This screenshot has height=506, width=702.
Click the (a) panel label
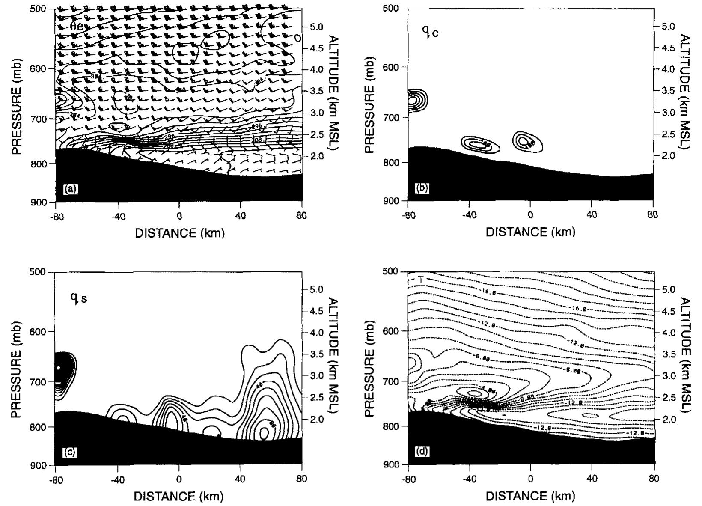(70, 188)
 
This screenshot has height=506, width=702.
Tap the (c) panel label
(70, 452)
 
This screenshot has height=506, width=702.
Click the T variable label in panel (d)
(421, 280)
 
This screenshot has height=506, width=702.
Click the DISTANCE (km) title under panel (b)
(530, 232)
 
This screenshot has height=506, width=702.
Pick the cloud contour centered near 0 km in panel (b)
(527, 142)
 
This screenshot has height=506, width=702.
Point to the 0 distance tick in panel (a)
(179, 216)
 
